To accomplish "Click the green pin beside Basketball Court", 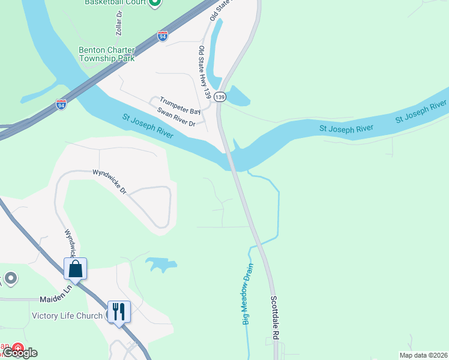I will (x=155, y=3).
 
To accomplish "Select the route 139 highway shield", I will (x=220, y=97).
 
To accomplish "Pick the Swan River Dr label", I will (x=176, y=117).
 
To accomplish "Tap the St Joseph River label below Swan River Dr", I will (x=148, y=126).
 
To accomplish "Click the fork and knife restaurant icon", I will (x=119, y=311).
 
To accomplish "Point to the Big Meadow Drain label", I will (x=249, y=293).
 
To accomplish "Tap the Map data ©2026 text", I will (x=423, y=355).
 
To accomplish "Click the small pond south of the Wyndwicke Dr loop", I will (x=161, y=263).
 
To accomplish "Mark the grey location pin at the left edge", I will (x=10, y=278).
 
